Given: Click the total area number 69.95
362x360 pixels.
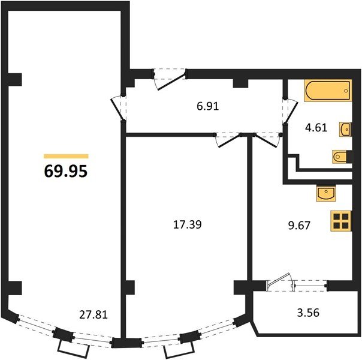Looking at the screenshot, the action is click(66, 172).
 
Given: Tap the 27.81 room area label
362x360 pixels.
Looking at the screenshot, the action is click(93, 314).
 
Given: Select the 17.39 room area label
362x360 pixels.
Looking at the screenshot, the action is click(187, 224).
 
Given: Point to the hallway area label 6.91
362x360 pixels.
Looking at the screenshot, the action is click(208, 107).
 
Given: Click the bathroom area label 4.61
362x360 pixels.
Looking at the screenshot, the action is click(316, 128).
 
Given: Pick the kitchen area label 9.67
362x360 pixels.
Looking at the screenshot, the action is click(299, 225).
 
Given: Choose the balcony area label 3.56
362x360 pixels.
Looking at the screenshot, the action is click(309, 313).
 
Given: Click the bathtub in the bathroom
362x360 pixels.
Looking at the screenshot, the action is click(328, 91).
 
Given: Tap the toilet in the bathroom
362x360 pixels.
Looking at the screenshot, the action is click(340, 157).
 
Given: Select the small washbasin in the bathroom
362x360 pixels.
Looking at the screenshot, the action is click(345, 129).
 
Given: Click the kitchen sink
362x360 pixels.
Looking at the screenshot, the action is click(326, 193).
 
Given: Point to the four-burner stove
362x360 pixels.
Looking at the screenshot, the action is click(341, 221).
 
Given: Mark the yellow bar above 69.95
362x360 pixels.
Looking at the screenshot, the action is click(66, 156).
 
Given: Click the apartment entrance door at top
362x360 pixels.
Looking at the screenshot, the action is click(170, 79).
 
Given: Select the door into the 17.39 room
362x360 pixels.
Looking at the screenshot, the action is click(228, 140).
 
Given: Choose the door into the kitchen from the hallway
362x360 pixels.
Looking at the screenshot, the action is click(267, 140).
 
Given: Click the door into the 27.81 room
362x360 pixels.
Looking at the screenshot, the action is click(119, 109).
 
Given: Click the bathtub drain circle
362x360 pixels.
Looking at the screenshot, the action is click(346, 91).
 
